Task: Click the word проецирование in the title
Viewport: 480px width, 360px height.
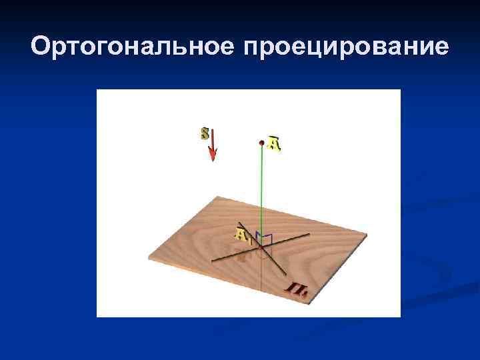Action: pos(347,48)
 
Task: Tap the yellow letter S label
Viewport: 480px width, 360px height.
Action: pos(205,133)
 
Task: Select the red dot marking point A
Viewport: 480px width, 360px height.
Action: pos(262,142)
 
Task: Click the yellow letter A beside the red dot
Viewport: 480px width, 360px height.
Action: pos(274,144)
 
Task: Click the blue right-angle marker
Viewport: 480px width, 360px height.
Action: pos(267,239)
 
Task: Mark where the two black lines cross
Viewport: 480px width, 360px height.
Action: pos(261,247)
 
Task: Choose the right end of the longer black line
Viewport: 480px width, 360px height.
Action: pos(310,235)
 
